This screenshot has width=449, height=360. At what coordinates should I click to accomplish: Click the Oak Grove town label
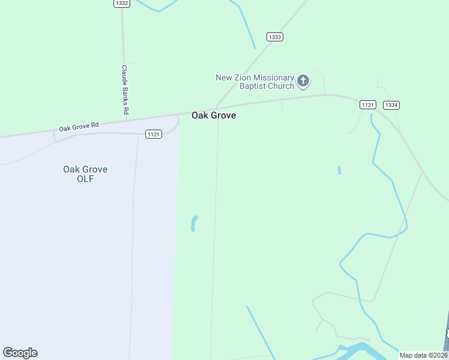[x=213, y=115]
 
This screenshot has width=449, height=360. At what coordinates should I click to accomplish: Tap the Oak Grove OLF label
[x=85, y=174]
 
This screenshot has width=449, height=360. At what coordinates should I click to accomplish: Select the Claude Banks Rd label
[x=125, y=89]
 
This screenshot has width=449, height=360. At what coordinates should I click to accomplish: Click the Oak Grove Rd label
[x=79, y=127]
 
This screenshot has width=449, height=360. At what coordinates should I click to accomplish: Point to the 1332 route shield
[x=121, y=3]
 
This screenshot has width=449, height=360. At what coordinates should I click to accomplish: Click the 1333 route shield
[x=275, y=37]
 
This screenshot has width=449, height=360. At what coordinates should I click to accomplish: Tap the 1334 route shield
[x=391, y=105]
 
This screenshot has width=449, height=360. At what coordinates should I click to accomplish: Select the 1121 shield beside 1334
[x=368, y=105]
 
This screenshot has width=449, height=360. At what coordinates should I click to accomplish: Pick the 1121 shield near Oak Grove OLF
[x=154, y=134]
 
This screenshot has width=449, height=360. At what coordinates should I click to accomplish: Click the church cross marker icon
[x=304, y=81]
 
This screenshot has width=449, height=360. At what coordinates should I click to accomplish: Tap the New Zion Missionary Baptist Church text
[x=255, y=82]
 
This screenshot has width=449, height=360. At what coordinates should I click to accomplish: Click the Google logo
[x=20, y=353]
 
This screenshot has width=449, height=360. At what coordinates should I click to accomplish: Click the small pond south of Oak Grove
[x=194, y=223]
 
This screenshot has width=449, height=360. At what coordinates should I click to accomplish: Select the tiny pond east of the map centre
[x=339, y=170]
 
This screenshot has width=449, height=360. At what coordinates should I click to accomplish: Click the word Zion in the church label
[x=243, y=78]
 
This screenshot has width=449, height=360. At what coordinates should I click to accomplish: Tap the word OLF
[x=85, y=179]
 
